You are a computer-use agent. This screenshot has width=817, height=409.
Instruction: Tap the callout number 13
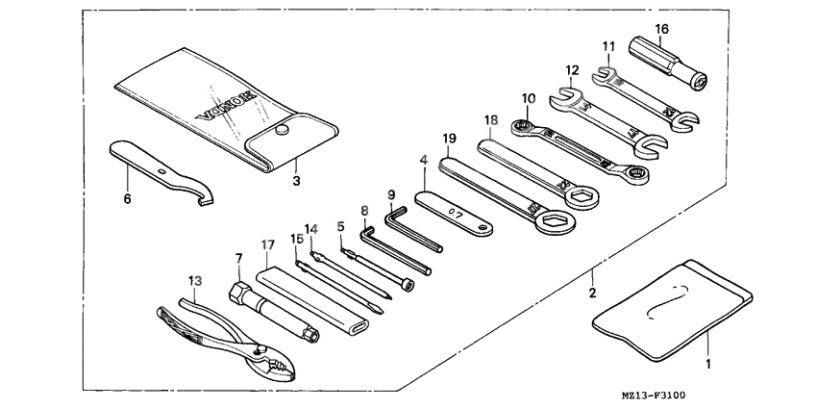tap(195, 281)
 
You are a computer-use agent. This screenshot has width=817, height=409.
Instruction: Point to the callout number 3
tap(296, 179)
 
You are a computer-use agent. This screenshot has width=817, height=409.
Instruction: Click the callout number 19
tap(448, 138)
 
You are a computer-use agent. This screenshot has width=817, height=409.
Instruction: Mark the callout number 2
tap(593, 293)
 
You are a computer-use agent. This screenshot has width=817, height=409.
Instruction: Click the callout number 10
tap(529, 97)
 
